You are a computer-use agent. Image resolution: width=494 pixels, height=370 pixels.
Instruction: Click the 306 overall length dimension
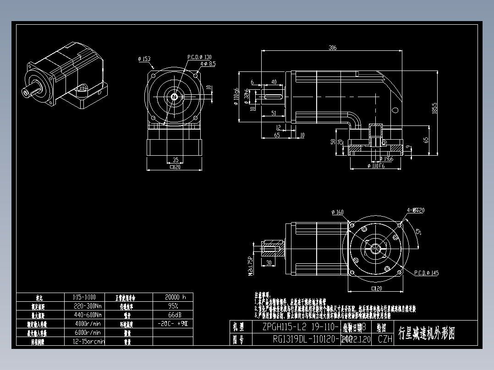[332, 48]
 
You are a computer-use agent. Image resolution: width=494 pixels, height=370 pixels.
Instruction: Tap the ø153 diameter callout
[144, 59]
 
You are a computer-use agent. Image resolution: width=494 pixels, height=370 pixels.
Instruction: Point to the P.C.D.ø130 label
[199, 57]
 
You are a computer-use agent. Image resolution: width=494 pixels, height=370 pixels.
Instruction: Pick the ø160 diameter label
[337, 212]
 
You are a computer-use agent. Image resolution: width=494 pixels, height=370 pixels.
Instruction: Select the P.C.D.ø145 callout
[426, 273]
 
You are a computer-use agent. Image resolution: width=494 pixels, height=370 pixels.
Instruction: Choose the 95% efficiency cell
[173, 306]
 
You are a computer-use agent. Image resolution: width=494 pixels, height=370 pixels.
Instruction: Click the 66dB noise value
[173, 315]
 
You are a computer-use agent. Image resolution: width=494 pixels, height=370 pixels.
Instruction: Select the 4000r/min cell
[87, 324]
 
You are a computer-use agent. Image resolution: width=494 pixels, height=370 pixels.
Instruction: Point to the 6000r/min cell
[87, 332]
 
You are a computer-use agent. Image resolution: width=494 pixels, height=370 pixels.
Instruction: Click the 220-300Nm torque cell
[87, 306]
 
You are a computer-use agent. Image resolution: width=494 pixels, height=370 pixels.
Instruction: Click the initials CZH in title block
[385, 339]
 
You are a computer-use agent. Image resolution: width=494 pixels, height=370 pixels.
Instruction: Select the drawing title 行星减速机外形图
[427, 333]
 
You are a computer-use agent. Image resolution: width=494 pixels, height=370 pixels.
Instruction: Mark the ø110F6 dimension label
[375, 166]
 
